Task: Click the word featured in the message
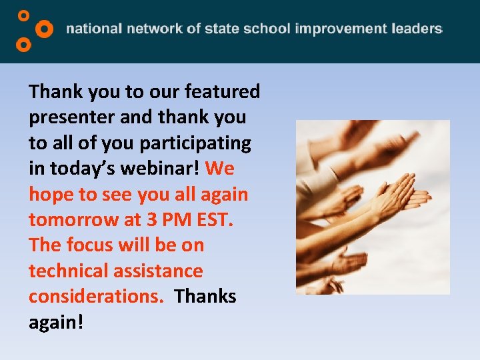coord(223,91)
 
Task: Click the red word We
coord(220,169)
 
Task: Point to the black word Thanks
coord(205,297)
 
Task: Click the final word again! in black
coord(57,323)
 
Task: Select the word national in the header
coord(94,29)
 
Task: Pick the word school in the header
coord(266,29)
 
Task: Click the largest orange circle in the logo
coord(44,29)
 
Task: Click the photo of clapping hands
coord(373,207)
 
